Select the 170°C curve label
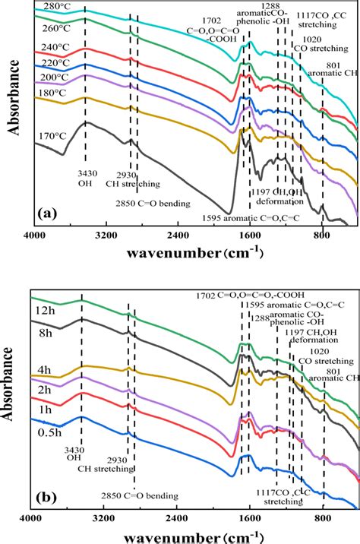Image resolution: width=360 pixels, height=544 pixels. (51, 137)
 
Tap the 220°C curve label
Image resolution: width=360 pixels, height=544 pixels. (52, 64)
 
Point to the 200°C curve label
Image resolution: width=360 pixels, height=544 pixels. (52, 79)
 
